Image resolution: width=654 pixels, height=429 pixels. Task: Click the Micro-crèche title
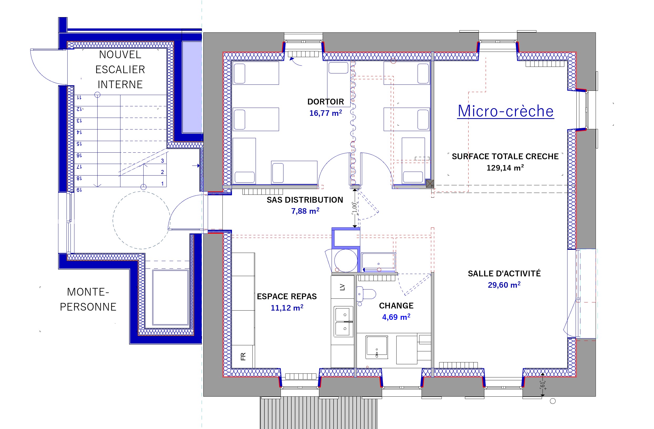pyautogui.click(x=506, y=111)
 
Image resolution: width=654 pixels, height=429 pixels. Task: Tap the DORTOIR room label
pyautogui.click(x=326, y=102)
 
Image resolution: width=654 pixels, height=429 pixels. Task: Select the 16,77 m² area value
pyautogui.click(x=326, y=113)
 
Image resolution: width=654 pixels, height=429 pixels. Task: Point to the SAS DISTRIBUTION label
pyautogui.click(x=305, y=200)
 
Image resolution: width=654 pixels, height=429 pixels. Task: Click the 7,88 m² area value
pyautogui.click(x=305, y=211)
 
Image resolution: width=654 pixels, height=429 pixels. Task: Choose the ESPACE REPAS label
pyautogui.click(x=287, y=296)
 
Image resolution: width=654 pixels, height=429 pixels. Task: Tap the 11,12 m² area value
pyautogui.click(x=287, y=308)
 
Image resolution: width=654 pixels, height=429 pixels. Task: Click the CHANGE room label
pyautogui.click(x=396, y=306)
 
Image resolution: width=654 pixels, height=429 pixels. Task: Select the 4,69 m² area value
pyautogui.click(x=396, y=317)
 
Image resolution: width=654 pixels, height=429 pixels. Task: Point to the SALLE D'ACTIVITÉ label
pyautogui.click(x=504, y=274)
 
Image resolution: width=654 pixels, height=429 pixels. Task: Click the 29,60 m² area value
pyautogui.click(x=504, y=285)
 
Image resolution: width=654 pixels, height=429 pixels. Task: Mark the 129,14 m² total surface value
pyautogui.click(x=505, y=168)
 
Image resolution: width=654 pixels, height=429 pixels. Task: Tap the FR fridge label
pyautogui.click(x=243, y=357)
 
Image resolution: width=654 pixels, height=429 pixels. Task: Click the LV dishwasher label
pyautogui.click(x=342, y=287)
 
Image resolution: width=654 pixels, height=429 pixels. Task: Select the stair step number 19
pyautogui.click(x=79, y=190)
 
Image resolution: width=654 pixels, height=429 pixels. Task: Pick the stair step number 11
pyautogui.click(x=79, y=98)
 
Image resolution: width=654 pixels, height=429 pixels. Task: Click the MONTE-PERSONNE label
pyautogui.click(x=88, y=300)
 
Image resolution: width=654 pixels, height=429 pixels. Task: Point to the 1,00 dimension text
pyautogui.click(x=354, y=208)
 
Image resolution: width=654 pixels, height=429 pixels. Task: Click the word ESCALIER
pyautogui.click(x=120, y=69)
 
